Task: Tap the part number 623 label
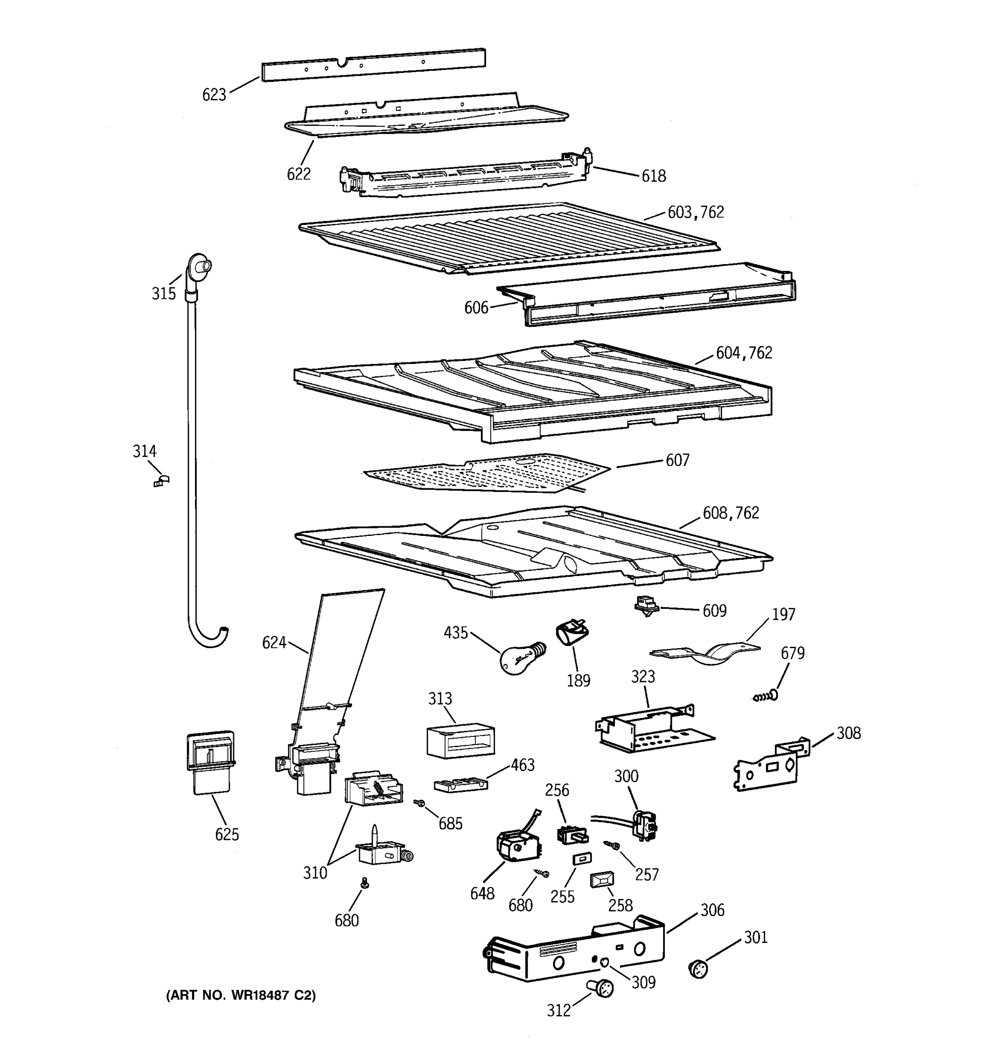pyautogui.click(x=214, y=95)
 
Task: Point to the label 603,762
pyautogui.click(x=695, y=213)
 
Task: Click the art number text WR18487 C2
pyautogui.click(x=241, y=995)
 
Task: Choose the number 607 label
pyautogui.click(x=677, y=460)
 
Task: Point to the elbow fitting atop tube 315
pyautogui.click(x=198, y=267)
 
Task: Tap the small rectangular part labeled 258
pyautogui.click(x=602, y=880)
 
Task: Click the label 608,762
pyautogui.click(x=730, y=513)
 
